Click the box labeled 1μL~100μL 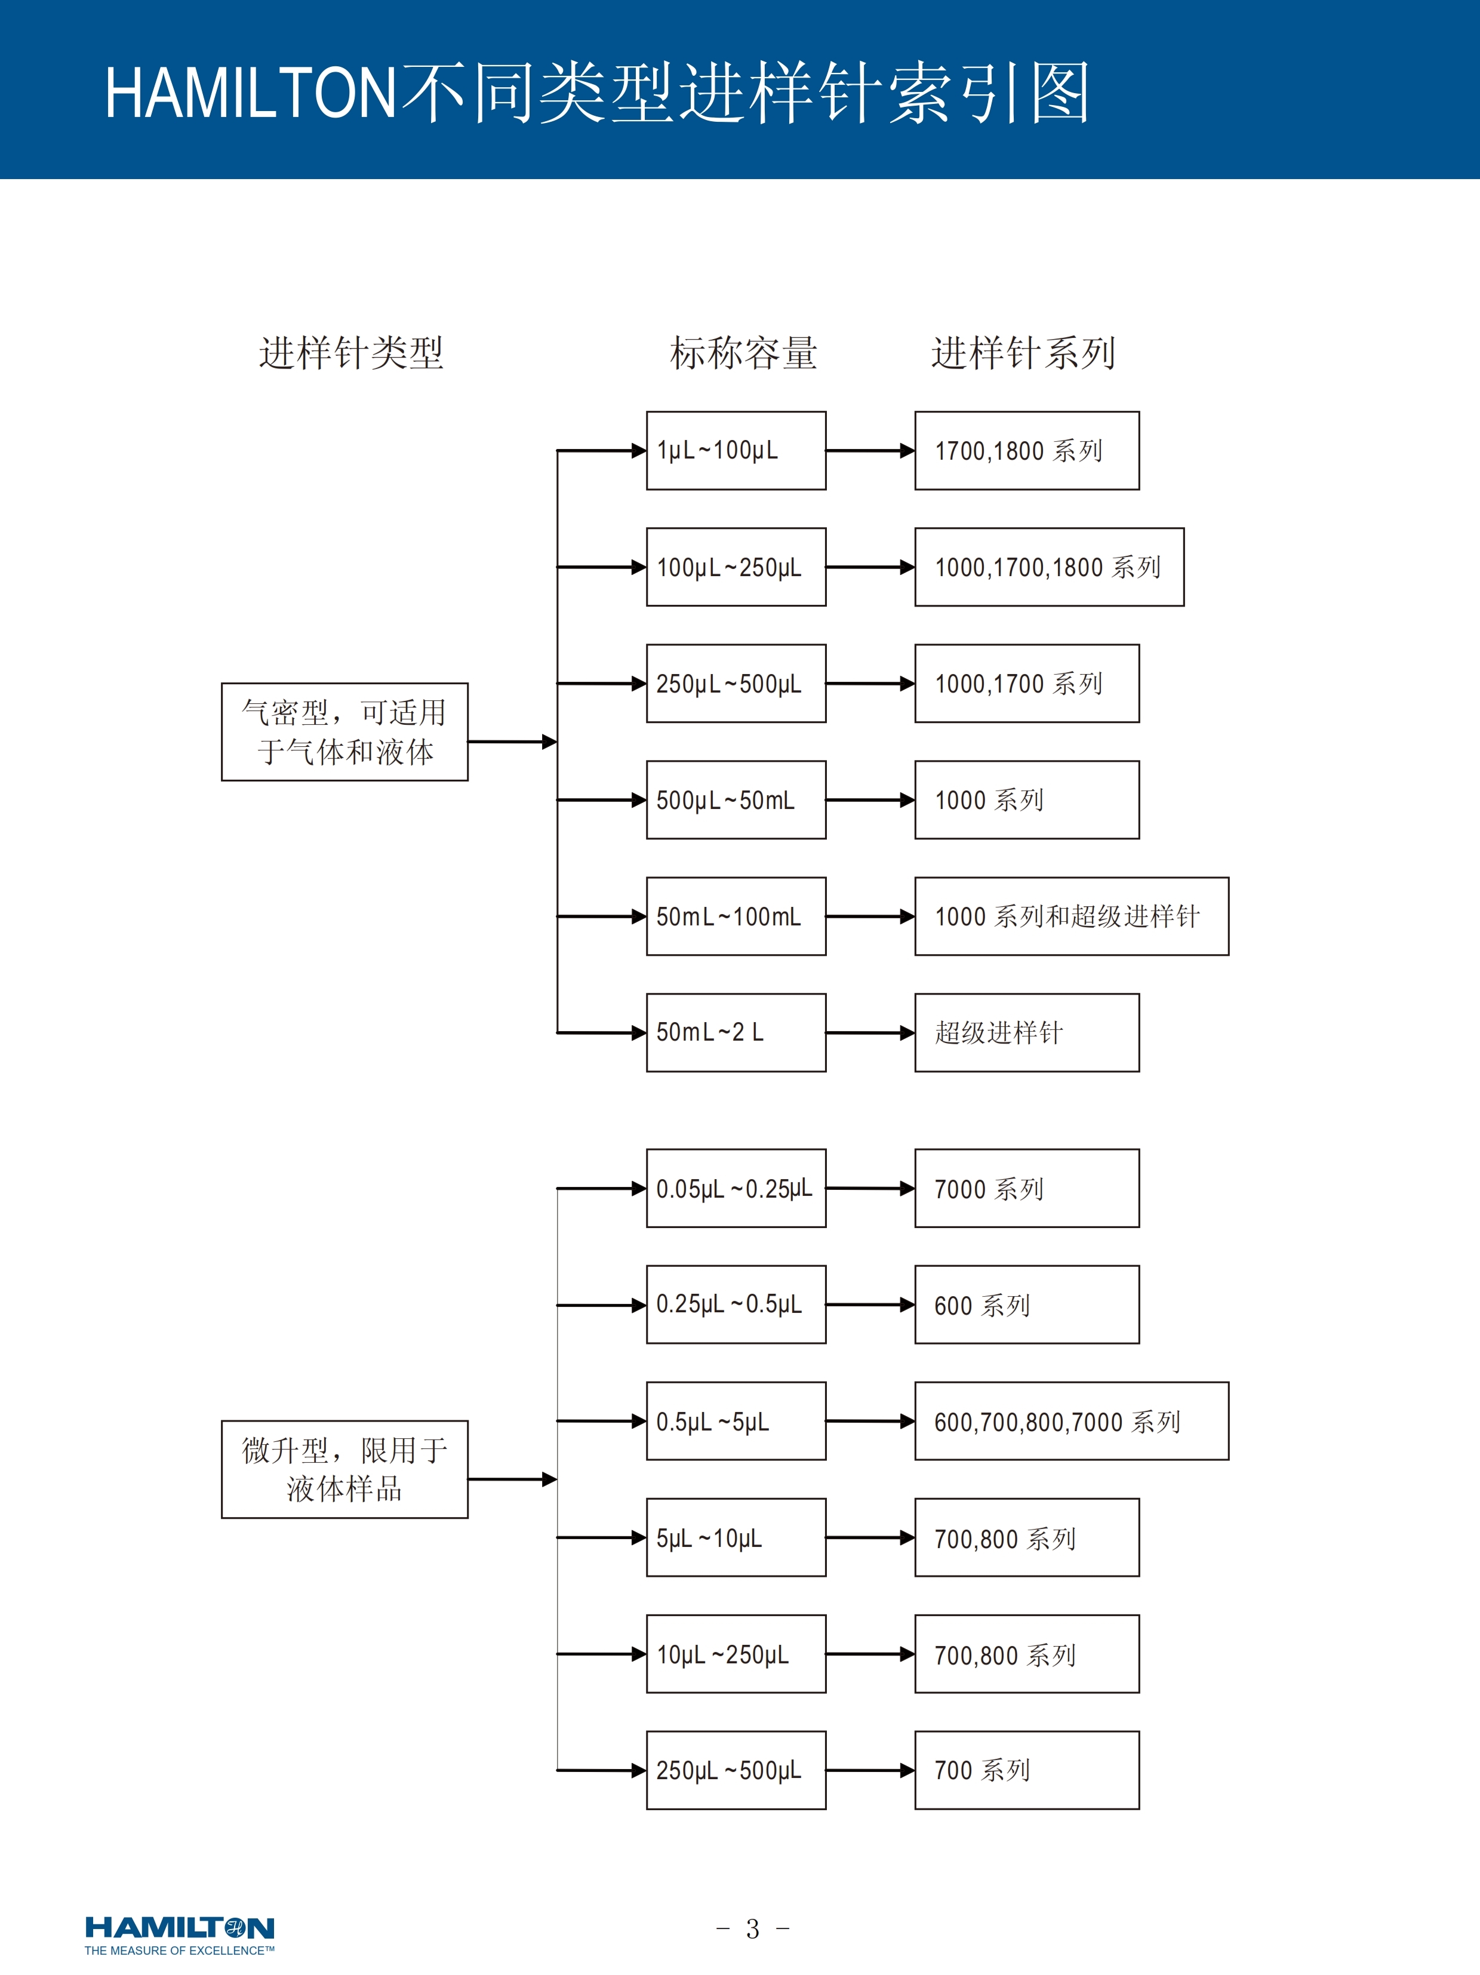tap(736, 450)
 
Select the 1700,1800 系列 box tap(1026, 450)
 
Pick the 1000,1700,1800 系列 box tap(1049, 567)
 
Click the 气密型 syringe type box tap(344, 731)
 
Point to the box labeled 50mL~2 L tap(736, 1032)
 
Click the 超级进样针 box tap(1026, 1032)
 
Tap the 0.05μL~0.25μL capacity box tap(736, 1188)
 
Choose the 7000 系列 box tap(1026, 1188)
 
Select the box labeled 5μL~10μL tap(736, 1537)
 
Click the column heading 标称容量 tap(743, 353)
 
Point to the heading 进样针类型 tap(351, 353)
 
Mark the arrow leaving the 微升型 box tap(512, 1479)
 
